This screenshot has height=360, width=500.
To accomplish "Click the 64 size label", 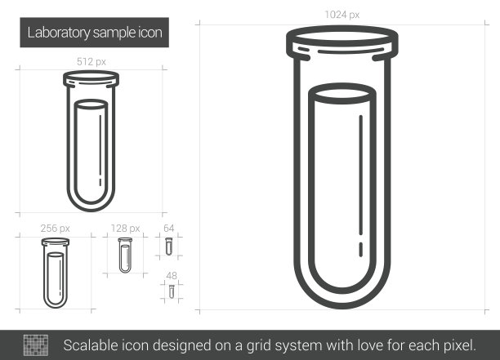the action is coord(168,228).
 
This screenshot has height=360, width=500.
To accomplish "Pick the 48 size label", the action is coord(172,275).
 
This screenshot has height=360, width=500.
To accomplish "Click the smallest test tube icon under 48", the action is coord(172,291).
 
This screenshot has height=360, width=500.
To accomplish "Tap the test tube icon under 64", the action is coord(168,247).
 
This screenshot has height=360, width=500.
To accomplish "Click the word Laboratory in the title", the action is coord(59,33).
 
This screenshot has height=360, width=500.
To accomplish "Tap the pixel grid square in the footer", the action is coord(36,345).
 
